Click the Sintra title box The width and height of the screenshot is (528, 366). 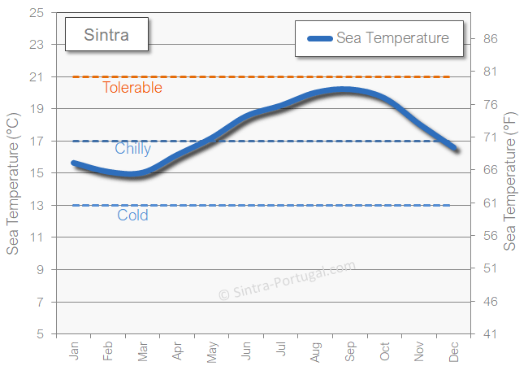(106, 36)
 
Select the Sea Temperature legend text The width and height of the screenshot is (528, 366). (392, 38)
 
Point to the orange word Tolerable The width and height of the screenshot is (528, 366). (132, 88)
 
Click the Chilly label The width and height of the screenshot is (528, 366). (132, 149)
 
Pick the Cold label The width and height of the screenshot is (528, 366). (132, 216)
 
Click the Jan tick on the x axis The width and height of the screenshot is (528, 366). (74, 351)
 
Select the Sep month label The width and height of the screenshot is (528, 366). (350, 351)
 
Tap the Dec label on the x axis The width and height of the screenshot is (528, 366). (454, 351)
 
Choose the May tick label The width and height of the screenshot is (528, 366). (212, 351)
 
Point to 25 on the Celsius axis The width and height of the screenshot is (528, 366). (37, 13)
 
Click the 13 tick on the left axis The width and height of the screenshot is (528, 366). (37, 205)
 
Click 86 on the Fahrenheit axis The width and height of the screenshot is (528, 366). (491, 39)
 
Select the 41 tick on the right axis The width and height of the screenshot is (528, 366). (491, 333)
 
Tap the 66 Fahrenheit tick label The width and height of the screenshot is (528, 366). (491, 170)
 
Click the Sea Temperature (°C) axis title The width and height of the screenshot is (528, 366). (13, 184)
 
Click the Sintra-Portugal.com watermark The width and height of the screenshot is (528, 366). (287, 281)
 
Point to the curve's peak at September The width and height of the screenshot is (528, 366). (345, 89)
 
